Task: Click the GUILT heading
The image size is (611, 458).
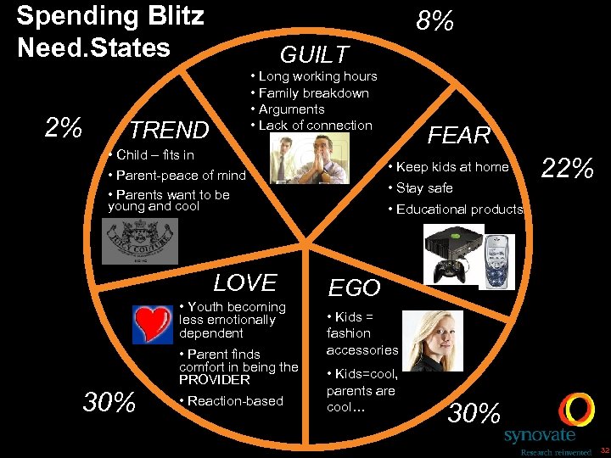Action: (x=314, y=55)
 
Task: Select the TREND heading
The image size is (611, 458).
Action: (x=169, y=130)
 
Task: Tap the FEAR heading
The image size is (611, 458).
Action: (x=459, y=135)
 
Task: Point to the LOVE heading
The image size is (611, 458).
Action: (x=245, y=282)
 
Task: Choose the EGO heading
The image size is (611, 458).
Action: (x=354, y=288)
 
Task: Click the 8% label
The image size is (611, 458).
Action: (x=434, y=21)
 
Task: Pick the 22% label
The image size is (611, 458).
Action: (x=567, y=169)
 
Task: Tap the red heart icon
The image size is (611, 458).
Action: (x=153, y=323)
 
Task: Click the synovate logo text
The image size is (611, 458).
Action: (x=539, y=436)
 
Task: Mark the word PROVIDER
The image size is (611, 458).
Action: (x=215, y=380)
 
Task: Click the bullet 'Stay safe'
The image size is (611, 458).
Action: (x=420, y=188)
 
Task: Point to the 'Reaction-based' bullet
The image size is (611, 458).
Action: (x=232, y=401)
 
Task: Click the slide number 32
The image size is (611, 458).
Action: (x=601, y=450)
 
